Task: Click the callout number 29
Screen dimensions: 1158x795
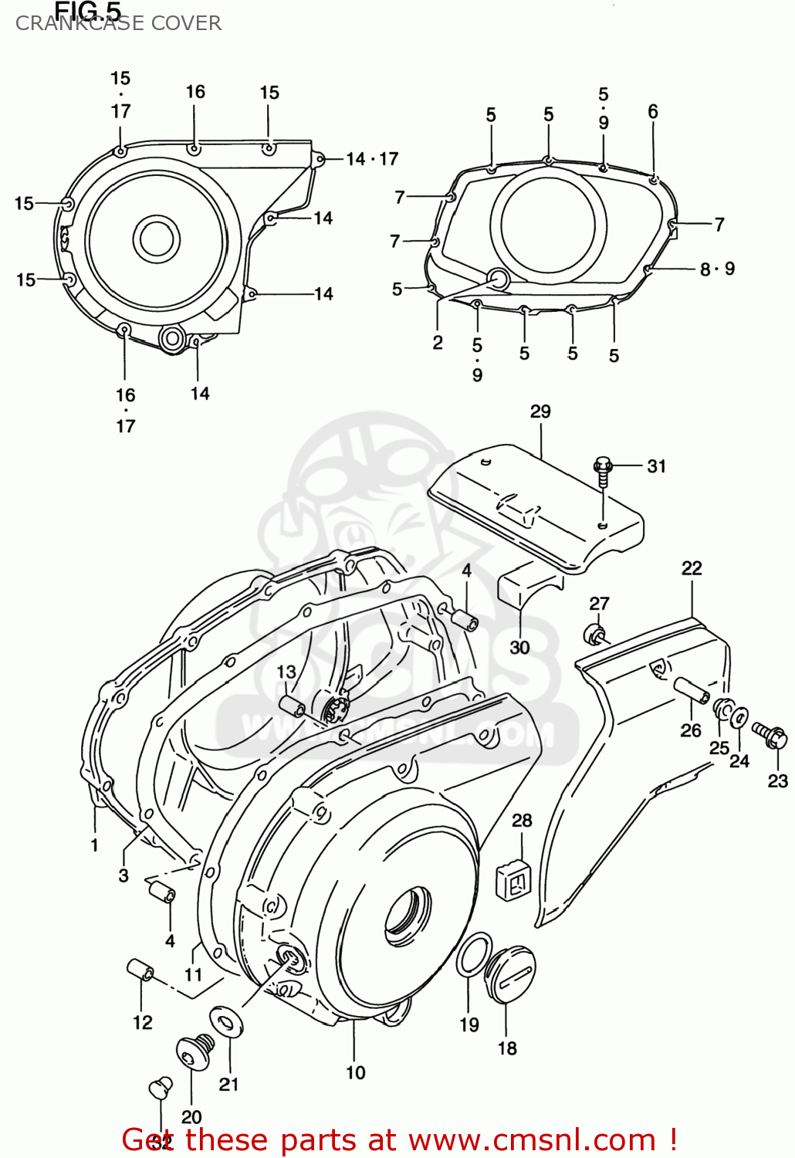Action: point(540,411)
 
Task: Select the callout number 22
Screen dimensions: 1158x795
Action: point(692,568)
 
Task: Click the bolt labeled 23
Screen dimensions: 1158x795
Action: point(770,734)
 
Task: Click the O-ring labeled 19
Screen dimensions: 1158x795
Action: point(473,954)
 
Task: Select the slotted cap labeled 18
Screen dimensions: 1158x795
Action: point(509,976)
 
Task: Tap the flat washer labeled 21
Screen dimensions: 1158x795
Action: point(226,1023)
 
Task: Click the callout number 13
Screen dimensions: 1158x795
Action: point(286,672)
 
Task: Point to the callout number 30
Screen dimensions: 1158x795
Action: point(519,647)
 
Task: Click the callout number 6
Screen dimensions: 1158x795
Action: point(653,112)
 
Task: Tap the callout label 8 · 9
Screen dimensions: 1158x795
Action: point(717,269)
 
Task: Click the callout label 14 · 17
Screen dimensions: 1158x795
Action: point(372,159)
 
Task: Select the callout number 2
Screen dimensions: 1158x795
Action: point(438,343)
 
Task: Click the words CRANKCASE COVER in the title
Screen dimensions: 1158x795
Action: point(118,24)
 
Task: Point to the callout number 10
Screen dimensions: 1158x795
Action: point(355,1072)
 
